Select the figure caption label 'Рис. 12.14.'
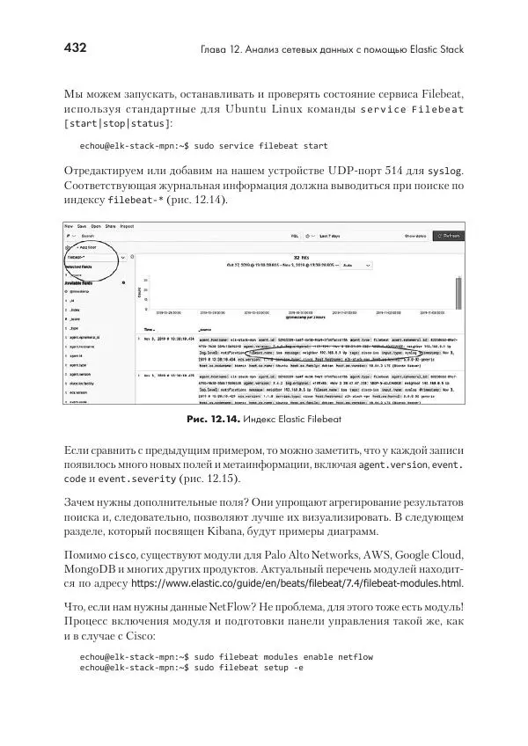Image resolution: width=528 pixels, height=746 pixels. coord(216,420)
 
